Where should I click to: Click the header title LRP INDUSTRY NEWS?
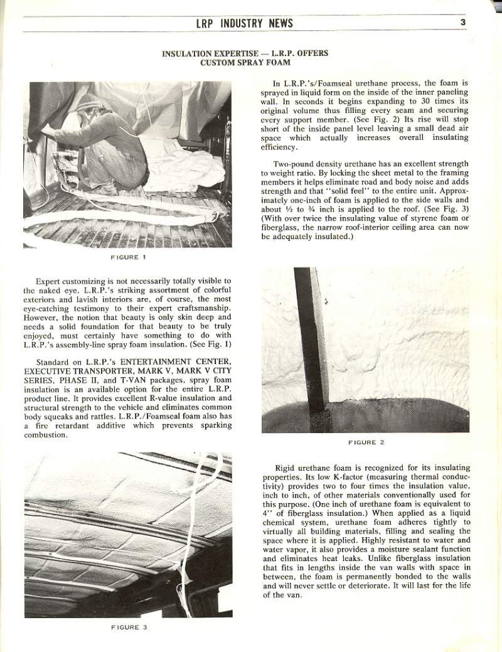[x=244, y=24]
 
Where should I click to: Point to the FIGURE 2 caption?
[x=366, y=442]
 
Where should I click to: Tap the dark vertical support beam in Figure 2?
[x=311, y=339]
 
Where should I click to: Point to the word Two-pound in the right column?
[x=293, y=164]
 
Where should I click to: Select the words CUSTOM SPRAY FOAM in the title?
[x=244, y=63]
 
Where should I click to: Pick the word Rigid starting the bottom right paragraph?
[x=286, y=468]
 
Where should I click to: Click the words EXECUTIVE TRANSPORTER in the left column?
[x=68, y=371]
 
